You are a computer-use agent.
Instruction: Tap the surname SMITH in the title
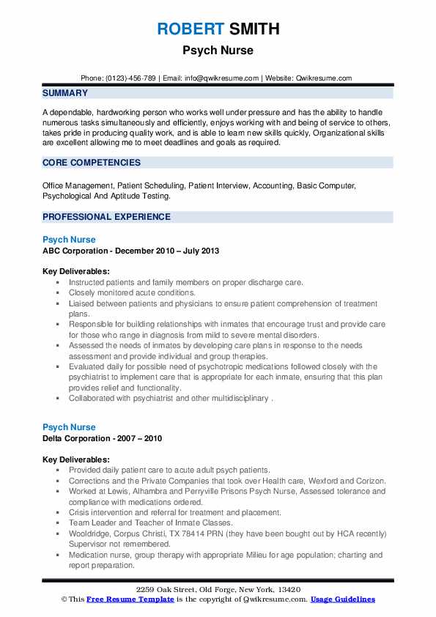click(x=253, y=29)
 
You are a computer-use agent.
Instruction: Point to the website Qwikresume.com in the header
click(x=323, y=78)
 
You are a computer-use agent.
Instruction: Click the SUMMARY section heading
click(x=65, y=93)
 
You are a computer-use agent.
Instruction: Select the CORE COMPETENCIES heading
click(x=92, y=163)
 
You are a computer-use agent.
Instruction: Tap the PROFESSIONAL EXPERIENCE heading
click(x=106, y=217)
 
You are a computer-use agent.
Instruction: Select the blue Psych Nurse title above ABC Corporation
click(x=69, y=240)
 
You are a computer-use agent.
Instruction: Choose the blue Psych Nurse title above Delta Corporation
click(x=69, y=427)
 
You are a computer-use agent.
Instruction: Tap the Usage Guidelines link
click(x=342, y=599)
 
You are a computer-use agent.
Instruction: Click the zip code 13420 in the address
click(x=287, y=589)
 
